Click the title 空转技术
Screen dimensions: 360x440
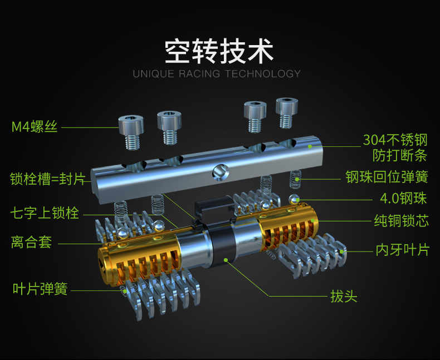[x=219, y=51]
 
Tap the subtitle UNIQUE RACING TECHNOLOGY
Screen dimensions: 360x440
[x=217, y=73]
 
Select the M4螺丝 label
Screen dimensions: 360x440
[x=35, y=127]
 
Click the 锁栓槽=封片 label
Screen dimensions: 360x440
[x=47, y=179]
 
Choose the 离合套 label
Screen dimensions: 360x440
[x=31, y=243]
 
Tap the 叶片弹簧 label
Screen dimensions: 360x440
[x=40, y=289]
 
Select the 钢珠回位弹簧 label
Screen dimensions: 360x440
[x=387, y=177]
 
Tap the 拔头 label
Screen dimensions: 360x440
[x=344, y=295]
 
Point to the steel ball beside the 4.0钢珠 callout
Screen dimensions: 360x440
[x=293, y=199]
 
